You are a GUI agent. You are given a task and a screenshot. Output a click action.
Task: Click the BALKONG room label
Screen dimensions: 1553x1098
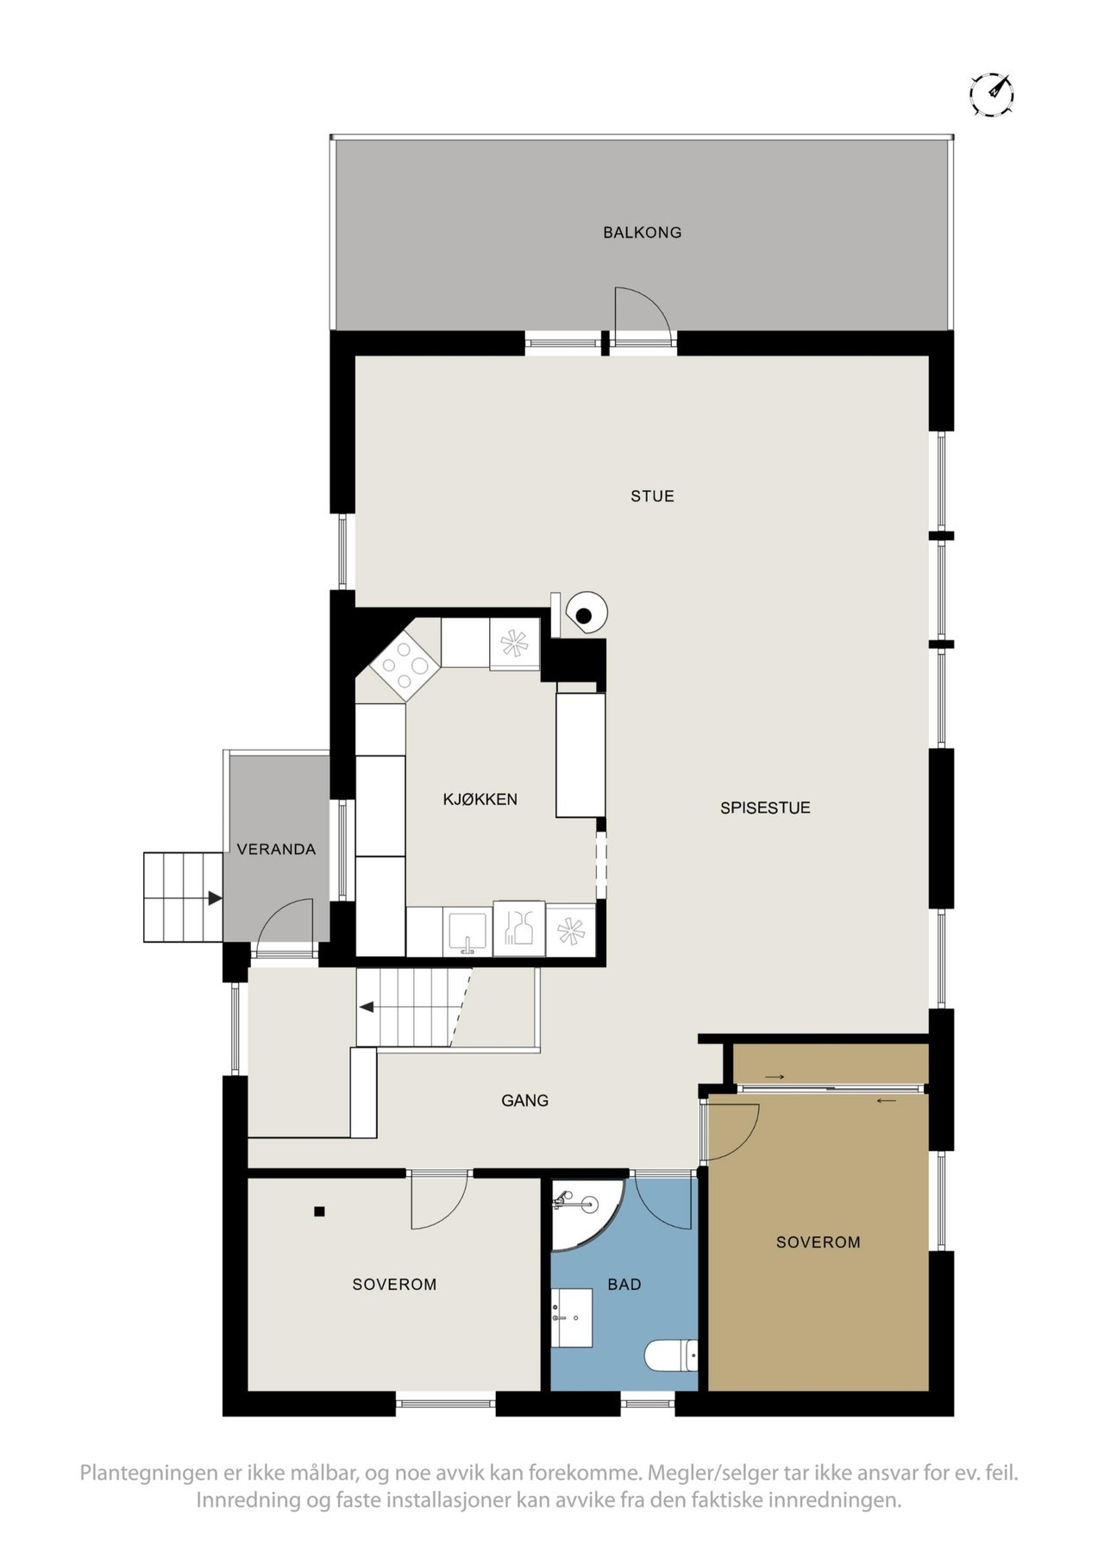pyautogui.click(x=642, y=232)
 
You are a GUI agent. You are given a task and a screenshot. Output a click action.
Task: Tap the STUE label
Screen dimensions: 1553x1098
pyautogui.click(x=651, y=496)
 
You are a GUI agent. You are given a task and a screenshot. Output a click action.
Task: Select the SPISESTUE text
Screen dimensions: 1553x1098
pyautogui.click(x=764, y=808)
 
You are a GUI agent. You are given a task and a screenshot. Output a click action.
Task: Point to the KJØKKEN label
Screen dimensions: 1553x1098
pyautogui.click(x=480, y=800)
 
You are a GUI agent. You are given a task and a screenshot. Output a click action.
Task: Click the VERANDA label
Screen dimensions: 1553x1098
pyautogui.click(x=276, y=850)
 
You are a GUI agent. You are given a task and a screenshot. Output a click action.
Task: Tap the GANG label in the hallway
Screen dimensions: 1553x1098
pyautogui.click(x=524, y=1101)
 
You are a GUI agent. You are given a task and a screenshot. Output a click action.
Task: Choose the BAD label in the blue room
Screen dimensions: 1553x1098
pyautogui.click(x=624, y=1285)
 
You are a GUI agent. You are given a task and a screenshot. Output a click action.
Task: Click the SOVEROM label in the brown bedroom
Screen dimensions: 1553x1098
pyautogui.click(x=818, y=1242)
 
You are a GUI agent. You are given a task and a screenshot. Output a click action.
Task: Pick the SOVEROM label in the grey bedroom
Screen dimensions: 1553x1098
pyautogui.click(x=394, y=1285)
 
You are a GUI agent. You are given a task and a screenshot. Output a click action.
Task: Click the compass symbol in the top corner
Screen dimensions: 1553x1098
pyautogui.click(x=991, y=93)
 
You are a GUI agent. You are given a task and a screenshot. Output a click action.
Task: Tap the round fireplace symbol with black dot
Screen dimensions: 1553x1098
pyautogui.click(x=585, y=614)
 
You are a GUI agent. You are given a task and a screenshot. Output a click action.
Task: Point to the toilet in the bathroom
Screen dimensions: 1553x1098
pyautogui.click(x=671, y=1355)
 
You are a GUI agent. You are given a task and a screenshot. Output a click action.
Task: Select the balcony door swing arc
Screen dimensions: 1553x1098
pyautogui.click(x=643, y=311)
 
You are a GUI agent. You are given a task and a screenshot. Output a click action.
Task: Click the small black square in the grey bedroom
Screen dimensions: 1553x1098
pyautogui.click(x=319, y=1211)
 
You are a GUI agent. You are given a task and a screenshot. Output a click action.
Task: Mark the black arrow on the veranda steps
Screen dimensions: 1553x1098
pyautogui.click(x=214, y=899)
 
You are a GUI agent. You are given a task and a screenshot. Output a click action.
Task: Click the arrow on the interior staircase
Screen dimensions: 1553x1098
pyautogui.click(x=367, y=1006)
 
